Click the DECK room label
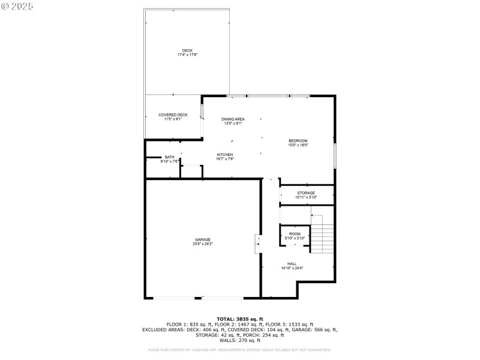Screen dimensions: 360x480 (x=187, y=50)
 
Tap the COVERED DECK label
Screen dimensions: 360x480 (x=173, y=115)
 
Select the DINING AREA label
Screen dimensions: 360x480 (x=233, y=119)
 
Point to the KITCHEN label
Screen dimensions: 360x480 (x=225, y=155)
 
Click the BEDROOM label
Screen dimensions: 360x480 (x=298, y=141)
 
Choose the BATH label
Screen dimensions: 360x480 (x=170, y=157)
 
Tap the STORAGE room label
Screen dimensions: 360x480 (x=306, y=193)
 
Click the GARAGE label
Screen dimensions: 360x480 (x=202, y=239)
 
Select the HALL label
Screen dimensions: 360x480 (x=292, y=264)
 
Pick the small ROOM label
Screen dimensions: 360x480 (x=295, y=234)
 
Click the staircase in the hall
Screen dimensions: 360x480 (x=322, y=235)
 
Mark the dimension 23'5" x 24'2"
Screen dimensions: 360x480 (x=202, y=244)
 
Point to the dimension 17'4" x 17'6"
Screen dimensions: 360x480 (x=187, y=55)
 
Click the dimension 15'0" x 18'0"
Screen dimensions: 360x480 (x=298, y=145)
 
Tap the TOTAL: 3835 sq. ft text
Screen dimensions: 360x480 (x=239, y=319)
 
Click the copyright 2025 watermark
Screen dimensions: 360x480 (x=17, y=5)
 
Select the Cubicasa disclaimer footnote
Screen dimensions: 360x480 (x=239, y=350)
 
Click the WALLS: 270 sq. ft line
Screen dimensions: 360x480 (x=239, y=340)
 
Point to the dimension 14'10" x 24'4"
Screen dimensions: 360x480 (x=292, y=268)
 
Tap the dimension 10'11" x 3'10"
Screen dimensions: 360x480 (x=306, y=197)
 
